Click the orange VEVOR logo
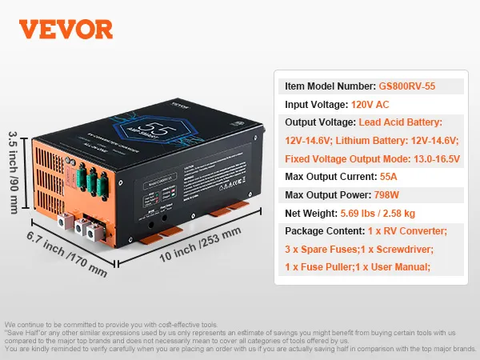(x=66, y=28)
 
